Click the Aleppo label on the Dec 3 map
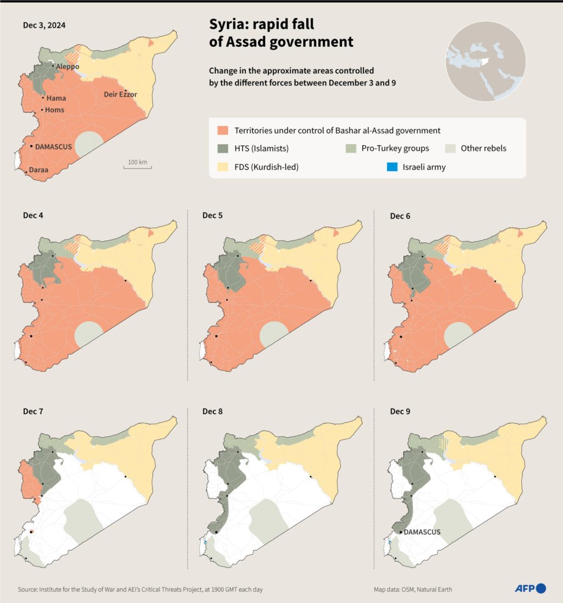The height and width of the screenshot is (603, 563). pos(68,67)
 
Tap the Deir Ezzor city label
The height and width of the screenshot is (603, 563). pos(120,95)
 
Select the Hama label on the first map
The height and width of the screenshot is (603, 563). pos(57,98)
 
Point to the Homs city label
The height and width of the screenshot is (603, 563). pos(55,110)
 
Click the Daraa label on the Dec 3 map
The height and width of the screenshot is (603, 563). pos(38,170)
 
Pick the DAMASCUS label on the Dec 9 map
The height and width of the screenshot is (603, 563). pos(422,532)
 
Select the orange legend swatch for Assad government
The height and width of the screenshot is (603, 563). pos(223,131)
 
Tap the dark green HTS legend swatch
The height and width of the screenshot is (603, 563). pos(223,149)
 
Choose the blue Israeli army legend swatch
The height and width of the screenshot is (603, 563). pos(391,167)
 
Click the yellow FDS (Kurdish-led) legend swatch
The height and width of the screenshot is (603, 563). pos(223,167)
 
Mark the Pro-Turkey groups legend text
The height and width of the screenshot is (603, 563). pos(395,149)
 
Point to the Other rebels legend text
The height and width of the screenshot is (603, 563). pos(483,149)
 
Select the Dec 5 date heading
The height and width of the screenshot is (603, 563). pos(212,216)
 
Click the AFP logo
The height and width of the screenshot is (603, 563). pos(530,589)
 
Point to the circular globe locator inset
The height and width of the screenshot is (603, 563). pos(485,62)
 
